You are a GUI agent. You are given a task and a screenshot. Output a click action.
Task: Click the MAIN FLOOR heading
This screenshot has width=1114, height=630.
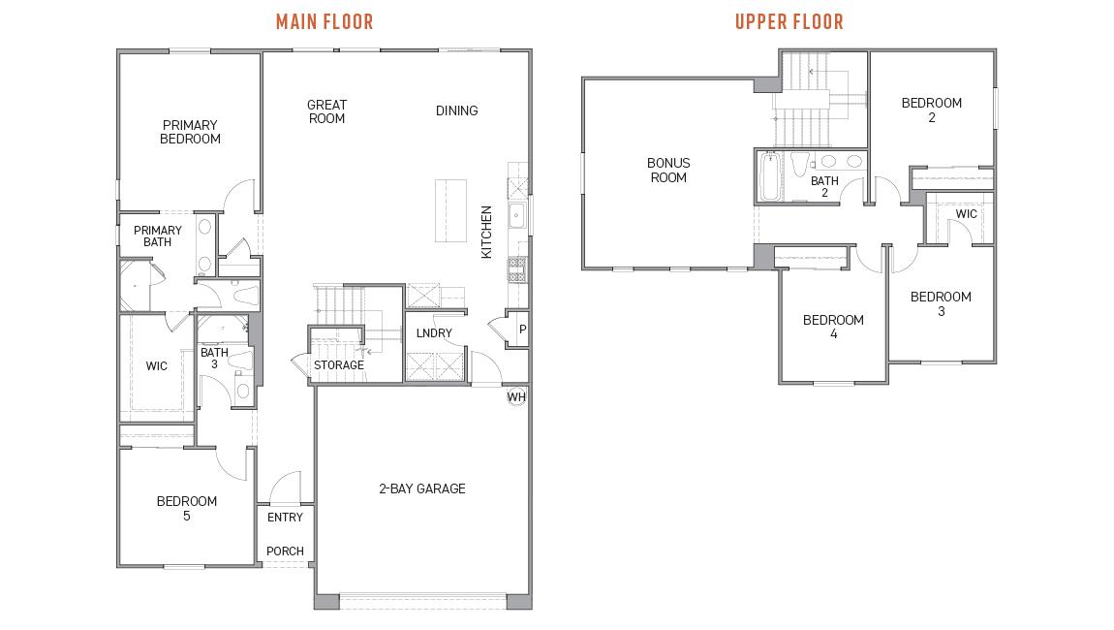click(x=325, y=21)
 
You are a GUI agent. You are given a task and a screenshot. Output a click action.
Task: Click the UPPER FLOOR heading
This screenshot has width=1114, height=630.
click(x=789, y=21)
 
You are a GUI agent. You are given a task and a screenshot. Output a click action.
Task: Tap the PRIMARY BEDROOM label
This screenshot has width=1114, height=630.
click(x=190, y=132)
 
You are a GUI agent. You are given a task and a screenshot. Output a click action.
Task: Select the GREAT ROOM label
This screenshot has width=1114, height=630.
click(x=326, y=111)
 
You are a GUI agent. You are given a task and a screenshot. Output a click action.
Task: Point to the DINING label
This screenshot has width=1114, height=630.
click(x=456, y=110)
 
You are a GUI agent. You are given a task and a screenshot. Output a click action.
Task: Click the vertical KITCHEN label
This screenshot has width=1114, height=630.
click(x=487, y=232)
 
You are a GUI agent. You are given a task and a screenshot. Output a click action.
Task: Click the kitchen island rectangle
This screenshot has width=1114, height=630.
click(x=449, y=211)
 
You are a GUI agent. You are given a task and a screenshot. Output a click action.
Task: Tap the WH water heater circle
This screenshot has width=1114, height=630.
click(x=516, y=397)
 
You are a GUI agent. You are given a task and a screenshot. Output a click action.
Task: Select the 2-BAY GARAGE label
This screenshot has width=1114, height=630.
click(x=421, y=488)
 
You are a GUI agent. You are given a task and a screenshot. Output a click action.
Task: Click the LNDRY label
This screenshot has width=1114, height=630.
click(x=434, y=333)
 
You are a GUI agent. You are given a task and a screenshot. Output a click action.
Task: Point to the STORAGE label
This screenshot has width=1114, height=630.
click(x=338, y=365)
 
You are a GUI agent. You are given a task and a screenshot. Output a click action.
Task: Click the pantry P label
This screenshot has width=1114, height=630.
click(x=522, y=330)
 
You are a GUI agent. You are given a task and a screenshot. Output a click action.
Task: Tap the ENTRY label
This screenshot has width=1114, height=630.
click(x=285, y=518)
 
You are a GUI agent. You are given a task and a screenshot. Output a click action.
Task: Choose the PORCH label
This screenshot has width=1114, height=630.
click(x=285, y=551)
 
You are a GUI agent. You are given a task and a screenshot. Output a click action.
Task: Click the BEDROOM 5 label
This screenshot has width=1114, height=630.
click(x=187, y=508)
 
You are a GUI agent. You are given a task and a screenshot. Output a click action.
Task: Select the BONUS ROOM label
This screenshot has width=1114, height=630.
click(x=668, y=171)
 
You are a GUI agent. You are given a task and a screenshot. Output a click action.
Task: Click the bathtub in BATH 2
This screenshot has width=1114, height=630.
click(x=769, y=177)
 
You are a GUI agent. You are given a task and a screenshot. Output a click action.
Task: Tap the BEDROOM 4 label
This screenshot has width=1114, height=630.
click(x=833, y=327)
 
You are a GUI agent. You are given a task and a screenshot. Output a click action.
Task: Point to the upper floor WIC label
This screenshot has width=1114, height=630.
click(x=966, y=214)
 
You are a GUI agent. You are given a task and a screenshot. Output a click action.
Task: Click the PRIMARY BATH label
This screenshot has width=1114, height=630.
click(x=158, y=236)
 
